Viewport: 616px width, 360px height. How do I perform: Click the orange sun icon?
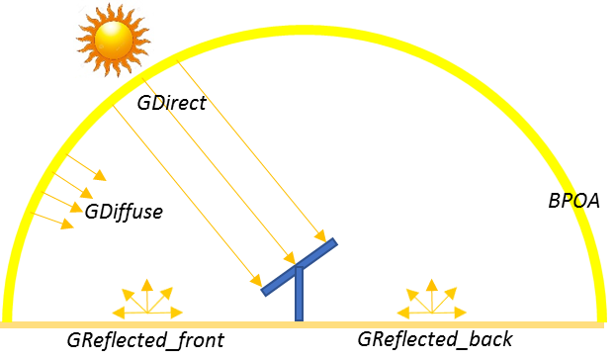(113, 39)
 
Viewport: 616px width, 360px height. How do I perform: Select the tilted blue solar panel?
(299, 266)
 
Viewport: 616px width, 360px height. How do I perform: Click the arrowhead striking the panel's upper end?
(320, 237)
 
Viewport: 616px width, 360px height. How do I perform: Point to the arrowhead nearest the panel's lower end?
(257, 282)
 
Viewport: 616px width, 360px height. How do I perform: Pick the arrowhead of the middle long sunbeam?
(291, 259)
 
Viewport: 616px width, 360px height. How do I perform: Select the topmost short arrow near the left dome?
(99, 175)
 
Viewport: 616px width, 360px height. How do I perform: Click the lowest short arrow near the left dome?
(66, 225)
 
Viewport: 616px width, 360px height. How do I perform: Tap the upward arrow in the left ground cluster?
(146, 286)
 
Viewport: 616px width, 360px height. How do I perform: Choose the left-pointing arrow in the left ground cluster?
(118, 314)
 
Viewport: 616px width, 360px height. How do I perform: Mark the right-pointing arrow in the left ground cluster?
(177, 314)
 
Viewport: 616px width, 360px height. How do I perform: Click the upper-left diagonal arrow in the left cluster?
(127, 293)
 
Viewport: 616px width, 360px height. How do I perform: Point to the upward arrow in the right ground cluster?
(431, 286)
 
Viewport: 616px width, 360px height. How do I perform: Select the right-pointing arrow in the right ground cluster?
(461, 314)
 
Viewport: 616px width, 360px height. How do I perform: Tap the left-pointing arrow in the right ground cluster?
(402, 314)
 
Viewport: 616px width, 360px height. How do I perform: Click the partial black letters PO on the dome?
(572, 201)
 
